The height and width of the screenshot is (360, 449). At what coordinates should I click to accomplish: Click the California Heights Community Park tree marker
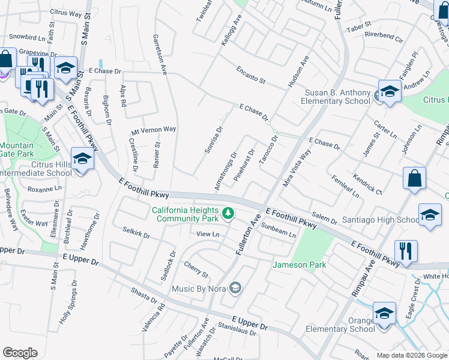(228, 212)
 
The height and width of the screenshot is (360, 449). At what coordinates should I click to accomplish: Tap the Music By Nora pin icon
(236, 289)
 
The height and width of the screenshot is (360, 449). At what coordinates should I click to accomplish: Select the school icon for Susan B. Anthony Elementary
(390, 92)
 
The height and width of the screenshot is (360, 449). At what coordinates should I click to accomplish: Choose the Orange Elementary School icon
(384, 313)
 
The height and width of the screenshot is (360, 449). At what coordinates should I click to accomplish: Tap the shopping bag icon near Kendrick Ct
(414, 178)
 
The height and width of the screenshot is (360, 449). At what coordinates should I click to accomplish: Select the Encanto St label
(250, 77)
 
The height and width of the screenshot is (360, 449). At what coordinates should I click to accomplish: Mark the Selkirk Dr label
(136, 232)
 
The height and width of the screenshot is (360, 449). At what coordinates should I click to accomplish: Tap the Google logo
(20, 353)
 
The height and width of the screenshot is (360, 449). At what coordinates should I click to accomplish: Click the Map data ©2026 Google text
(411, 355)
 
